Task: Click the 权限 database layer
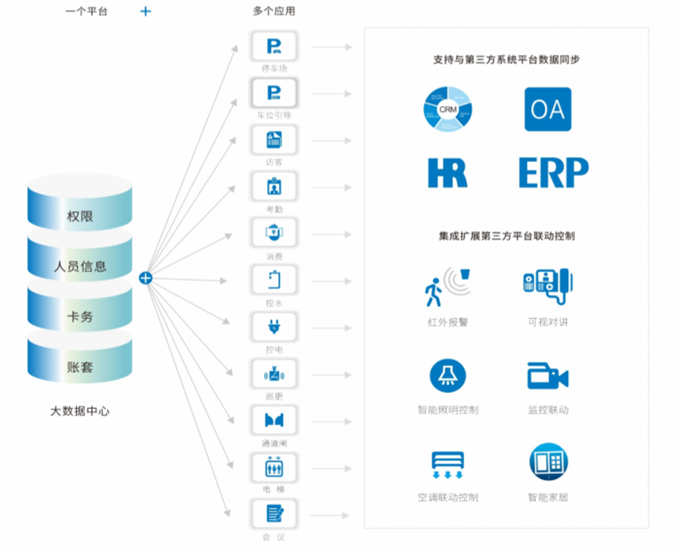tap(80, 216)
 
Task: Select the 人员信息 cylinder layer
tap(80, 266)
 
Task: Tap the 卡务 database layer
tap(80, 316)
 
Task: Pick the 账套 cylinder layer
tap(80, 366)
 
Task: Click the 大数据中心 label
tap(80, 411)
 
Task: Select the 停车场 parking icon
tap(274, 45)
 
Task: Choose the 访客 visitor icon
tap(274, 140)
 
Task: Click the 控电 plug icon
tap(274, 328)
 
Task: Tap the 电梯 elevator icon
tap(274, 467)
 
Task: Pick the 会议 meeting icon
tap(274, 514)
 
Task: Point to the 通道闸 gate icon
tap(274, 420)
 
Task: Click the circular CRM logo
tap(447, 110)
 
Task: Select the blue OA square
tap(547, 110)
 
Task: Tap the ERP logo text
tap(553, 172)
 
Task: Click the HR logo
tap(447, 172)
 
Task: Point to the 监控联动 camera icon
tap(547, 375)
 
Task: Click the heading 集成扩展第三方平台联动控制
tap(506, 236)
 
